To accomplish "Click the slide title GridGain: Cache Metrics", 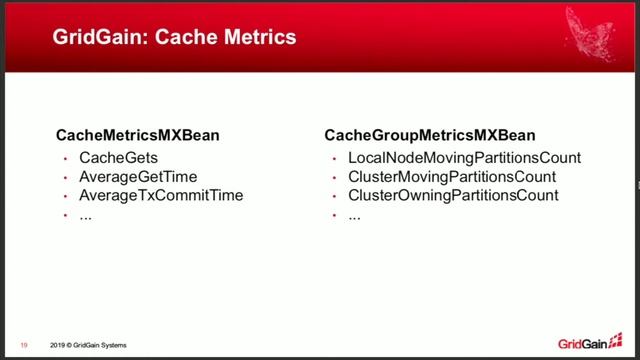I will [x=174, y=38].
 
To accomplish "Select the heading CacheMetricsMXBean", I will [x=137, y=135].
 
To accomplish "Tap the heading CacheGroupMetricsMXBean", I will [x=430, y=135].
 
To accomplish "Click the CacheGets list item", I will [x=118, y=158].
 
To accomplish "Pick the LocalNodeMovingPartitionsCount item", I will [x=464, y=158].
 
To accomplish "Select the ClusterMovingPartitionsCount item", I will [x=452, y=177].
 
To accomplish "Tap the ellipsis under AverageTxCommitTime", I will [x=86, y=215].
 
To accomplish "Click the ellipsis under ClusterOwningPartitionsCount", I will [x=354, y=215].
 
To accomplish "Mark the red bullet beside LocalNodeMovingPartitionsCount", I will [x=332, y=159].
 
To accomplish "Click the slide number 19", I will [x=23, y=346].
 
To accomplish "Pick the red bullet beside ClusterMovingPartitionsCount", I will [x=332, y=178].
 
